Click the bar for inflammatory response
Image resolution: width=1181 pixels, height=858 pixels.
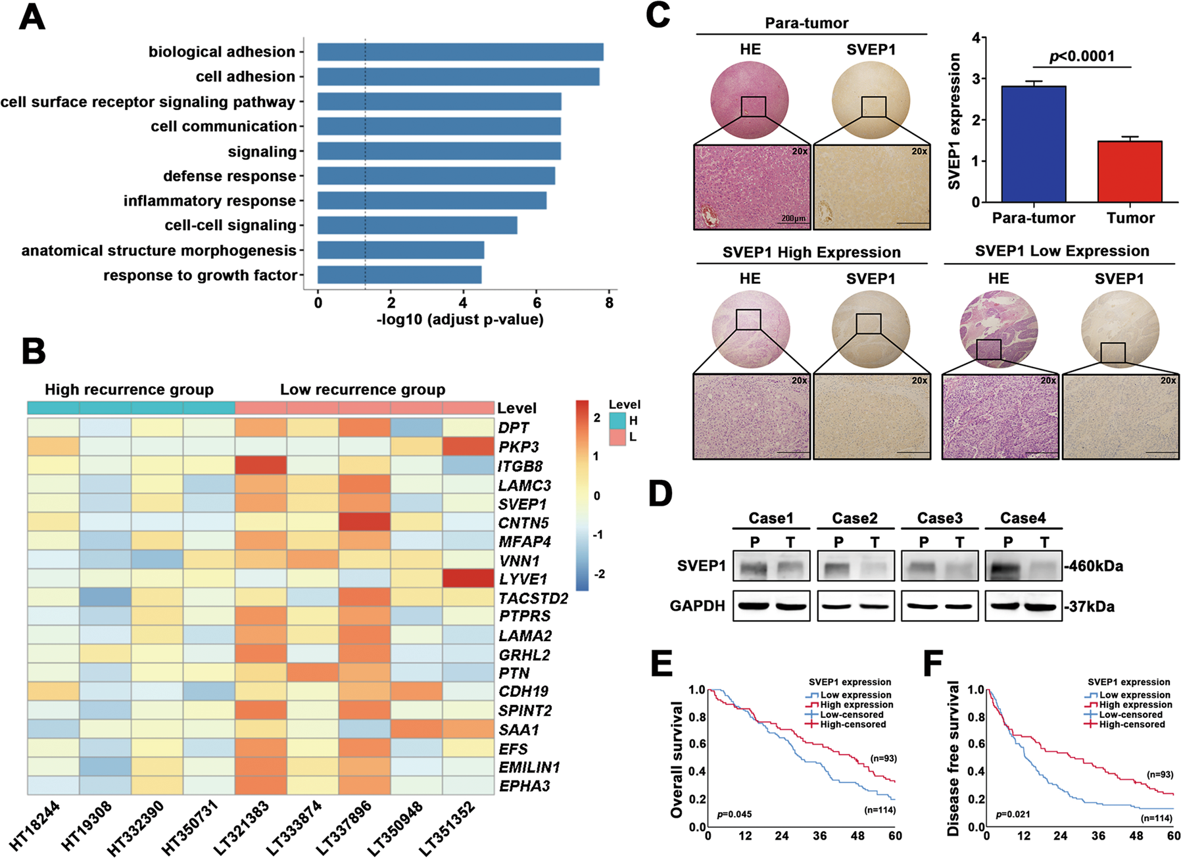coord(431,201)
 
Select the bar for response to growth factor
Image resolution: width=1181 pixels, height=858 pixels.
coord(399,275)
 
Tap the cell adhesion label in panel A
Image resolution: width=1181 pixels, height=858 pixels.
coord(245,77)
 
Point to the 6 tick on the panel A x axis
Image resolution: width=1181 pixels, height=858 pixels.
coord(537,303)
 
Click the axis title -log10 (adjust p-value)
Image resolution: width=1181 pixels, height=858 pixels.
coord(460,320)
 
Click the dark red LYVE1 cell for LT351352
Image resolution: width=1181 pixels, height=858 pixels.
coord(468,579)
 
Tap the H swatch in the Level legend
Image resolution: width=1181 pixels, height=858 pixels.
coord(617,421)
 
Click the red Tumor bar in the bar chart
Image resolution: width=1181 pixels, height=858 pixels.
coord(1130,172)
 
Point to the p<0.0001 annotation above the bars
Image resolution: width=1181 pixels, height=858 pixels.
coord(1082,56)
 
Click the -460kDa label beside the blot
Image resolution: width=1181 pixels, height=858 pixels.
coord(1093,566)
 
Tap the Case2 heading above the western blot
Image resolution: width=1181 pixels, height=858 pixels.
coord(854,518)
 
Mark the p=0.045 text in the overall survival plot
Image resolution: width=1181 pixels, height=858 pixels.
coord(734,814)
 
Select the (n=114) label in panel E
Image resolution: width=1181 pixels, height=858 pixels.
coord(879,810)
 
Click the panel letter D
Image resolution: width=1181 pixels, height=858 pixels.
coord(660,493)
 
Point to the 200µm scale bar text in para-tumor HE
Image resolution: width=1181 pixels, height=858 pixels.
coord(794,218)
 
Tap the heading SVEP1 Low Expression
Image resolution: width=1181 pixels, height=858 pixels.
coord(1061,251)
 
